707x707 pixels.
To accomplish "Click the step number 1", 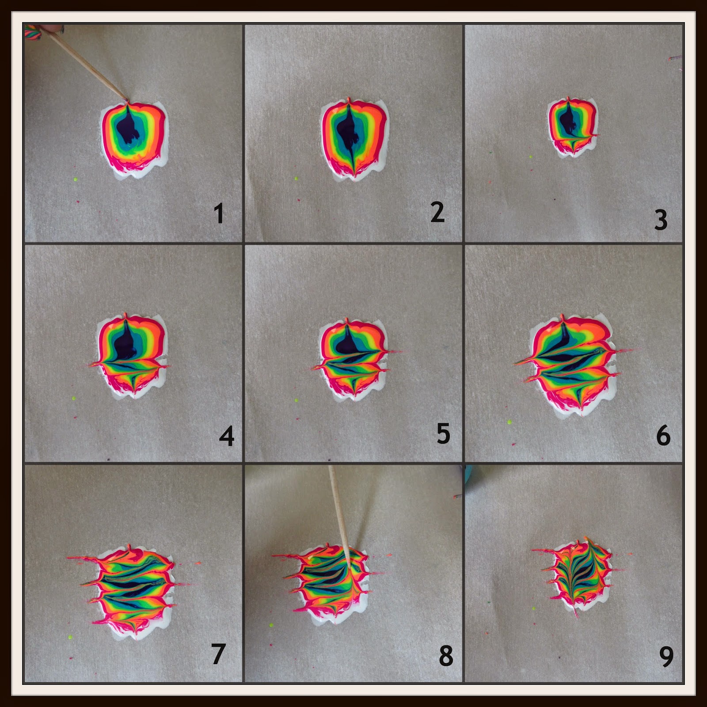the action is (x=219, y=214).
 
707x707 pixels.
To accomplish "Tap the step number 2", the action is (x=437, y=212).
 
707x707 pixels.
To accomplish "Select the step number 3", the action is (x=661, y=220).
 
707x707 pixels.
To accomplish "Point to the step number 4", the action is (x=226, y=436).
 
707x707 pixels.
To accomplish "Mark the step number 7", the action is (x=219, y=654).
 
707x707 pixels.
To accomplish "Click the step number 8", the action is (x=446, y=656).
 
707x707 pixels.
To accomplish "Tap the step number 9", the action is (x=666, y=657).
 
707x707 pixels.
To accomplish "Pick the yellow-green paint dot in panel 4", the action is (x=73, y=399).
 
